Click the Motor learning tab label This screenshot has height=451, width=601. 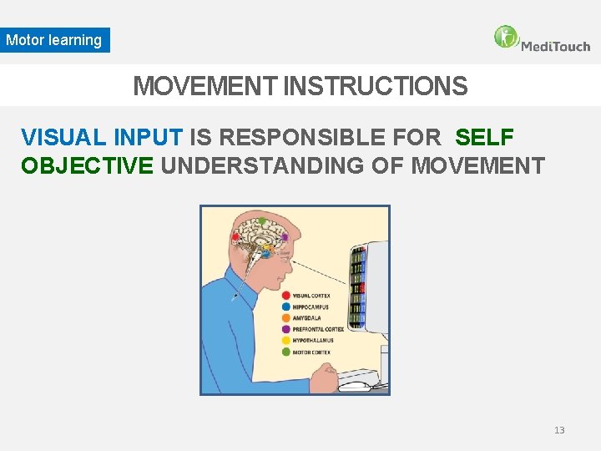tap(54, 40)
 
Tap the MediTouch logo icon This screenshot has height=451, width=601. tap(506, 37)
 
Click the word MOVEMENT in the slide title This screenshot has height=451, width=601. tap(205, 86)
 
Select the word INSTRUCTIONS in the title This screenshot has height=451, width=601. tap(376, 86)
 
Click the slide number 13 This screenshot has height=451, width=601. tap(559, 430)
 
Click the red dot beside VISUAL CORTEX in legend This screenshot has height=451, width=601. tap(286, 296)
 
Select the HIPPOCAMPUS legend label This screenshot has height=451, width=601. tap(311, 307)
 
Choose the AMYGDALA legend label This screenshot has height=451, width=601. tap(307, 318)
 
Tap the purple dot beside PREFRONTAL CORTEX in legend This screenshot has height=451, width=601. tap(286, 330)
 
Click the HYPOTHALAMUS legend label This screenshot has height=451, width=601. tap(312, 341)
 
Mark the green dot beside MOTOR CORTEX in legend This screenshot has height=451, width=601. tap(286, 352)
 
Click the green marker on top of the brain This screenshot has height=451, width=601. tap(262, 221)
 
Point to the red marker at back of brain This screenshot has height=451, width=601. tap(236, 237)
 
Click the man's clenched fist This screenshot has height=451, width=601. tap(323, 380)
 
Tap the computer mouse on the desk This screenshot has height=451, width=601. tap(356, 386)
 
